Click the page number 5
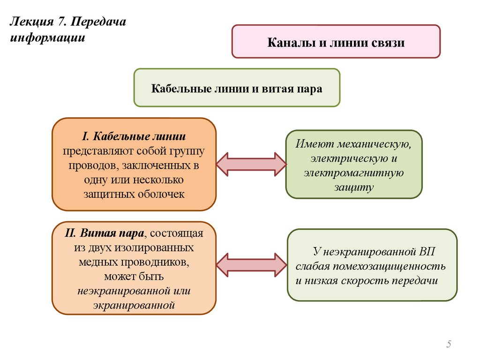[x=449, y=345]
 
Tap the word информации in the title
[x=47, y=37]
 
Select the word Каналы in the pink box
[x=285, y=43]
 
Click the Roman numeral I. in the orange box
[x=85, y=136]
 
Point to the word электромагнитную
[x=353, y=173]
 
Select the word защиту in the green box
[x=354, y=187]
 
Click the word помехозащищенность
[x=381, y=267]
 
